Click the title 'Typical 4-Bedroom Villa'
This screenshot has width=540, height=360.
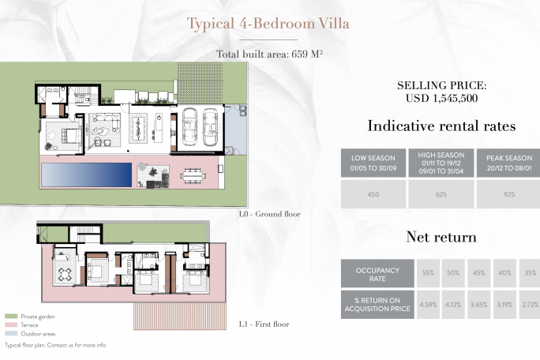click(268, 24)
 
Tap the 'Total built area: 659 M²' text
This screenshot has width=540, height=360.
click(270, 54)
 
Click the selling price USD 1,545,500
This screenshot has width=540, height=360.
click(441, 98)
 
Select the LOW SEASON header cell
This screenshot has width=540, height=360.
click(373, 163)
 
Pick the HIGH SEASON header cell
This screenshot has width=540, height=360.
click(441, 163)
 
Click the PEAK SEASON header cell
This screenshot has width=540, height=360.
click(509, 163)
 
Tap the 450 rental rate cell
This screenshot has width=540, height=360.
click(373, 194)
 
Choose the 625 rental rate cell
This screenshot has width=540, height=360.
click(441, 194)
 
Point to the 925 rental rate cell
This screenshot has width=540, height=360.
click(509, 194)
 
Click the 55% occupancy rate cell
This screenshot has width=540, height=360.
click(428, 273)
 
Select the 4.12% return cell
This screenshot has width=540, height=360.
click(453, 305)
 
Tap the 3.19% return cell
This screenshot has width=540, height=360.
click(504, 305)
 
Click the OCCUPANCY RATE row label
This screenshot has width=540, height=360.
click(377, 273)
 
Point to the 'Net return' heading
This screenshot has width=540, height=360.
click(441, 237)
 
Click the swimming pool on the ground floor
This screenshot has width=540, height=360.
click(86, 175)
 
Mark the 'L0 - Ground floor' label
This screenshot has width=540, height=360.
click(270, 214)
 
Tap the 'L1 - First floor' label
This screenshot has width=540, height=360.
click(264, 324)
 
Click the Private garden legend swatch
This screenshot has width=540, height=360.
click(11, 317)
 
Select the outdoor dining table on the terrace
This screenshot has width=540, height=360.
click(193, 176)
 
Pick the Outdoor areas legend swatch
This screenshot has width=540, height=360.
click(11, 333)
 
